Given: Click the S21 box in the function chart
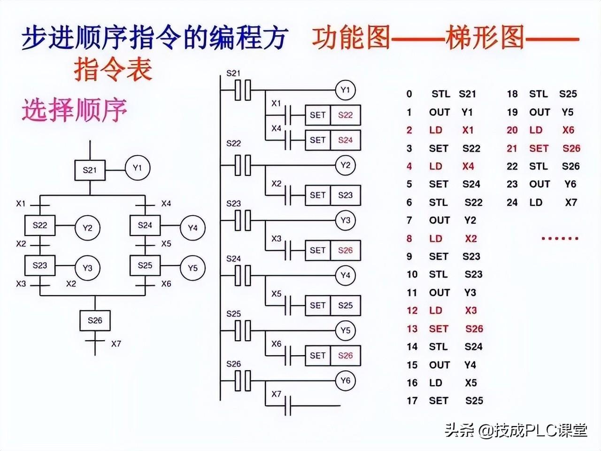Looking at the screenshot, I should pyautogui.click(x=90, y=170).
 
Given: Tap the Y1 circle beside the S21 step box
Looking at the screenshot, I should pyautogui.click(x=137, y=168).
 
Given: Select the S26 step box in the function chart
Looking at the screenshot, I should pyautogui.click(x=95, y=320).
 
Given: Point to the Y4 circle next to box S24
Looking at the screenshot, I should pyautogui.click(x=193, y=228).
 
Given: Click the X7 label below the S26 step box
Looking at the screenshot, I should pyautogui.click(x=116, y=343).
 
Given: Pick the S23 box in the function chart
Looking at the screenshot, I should pyautogui.click(x=40, y=265).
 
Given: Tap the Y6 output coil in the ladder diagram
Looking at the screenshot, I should pyautogui.click(x=345, y=381).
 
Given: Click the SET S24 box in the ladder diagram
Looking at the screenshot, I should pyautogui.click(x=333, y=140).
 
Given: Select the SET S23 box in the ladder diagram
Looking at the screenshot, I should pyautogui.click(x=333, y=195).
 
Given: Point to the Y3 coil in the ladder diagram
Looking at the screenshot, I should pyautogui.click(x=345, y=220).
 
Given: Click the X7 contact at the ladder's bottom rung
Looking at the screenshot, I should pyautogui.click(x=287, y=405).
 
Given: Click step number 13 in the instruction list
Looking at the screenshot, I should pyautogui.click(x=412, y=329).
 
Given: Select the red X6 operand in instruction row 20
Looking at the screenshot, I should pyautogui.click(x=568, y=130).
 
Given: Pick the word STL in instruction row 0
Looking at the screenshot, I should pyautogui.click(x=440, y=94).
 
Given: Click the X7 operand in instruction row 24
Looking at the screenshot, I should pyautogui.click(x=571, y=202).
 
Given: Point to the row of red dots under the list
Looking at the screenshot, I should pyautogui.click(x=560, y=238).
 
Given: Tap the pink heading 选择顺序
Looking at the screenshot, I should pyautogui.click(x=75, y=110).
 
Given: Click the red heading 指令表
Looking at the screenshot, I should pyautogui.click(x=113, y=69).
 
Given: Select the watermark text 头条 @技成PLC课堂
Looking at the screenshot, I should pyautogui.click(x=516, y=430).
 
